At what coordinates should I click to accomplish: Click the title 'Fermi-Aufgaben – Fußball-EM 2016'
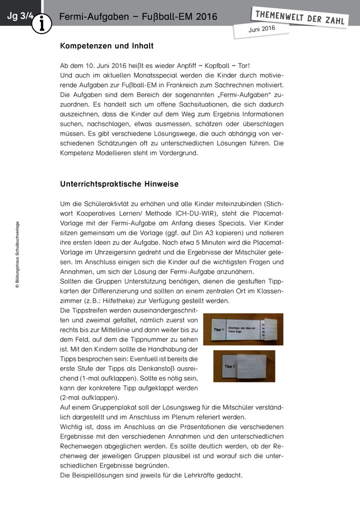[x=138, y=17]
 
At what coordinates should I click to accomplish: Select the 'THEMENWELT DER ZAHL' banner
[x=299, y=18]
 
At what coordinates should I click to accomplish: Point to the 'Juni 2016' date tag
[x=261, y=30]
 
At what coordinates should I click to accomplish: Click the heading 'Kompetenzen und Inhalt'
[x=106, y=46]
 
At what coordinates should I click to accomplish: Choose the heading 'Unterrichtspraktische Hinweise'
[x=119, y=184]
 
